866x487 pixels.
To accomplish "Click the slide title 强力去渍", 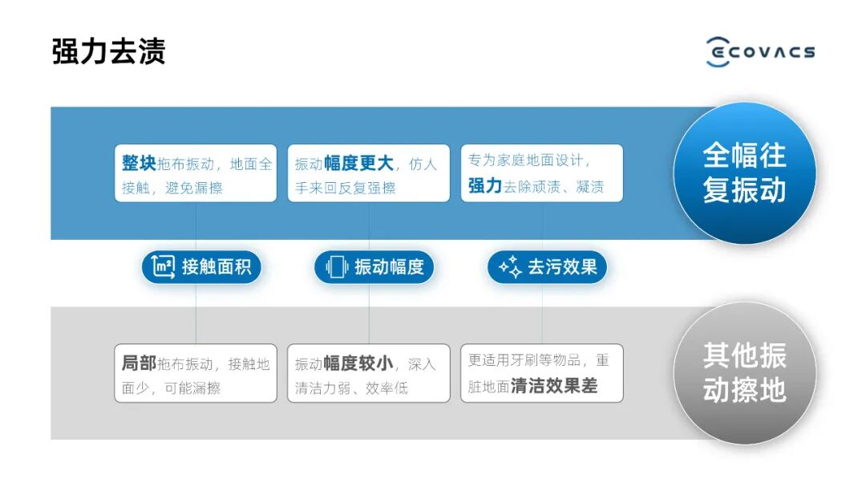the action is (x=108, y=51).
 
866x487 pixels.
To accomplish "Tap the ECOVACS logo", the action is (x=760, y=51).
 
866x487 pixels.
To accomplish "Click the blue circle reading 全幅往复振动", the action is (x=744, y=172).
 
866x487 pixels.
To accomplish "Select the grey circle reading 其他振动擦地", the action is (x=744, y=373).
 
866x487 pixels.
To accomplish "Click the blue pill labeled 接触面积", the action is (x=201, y=267).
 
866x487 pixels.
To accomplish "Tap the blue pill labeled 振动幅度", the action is (x=374, y=267).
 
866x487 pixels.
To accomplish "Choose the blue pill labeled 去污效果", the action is (x=547, y=267).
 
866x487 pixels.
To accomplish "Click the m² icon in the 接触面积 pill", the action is (x=164, y=267).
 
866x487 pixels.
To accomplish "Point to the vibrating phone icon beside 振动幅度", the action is (x=337, y=267).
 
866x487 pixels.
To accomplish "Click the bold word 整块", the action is (x=139, y=163).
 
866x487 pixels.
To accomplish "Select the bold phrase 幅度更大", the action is (x=358, y=163).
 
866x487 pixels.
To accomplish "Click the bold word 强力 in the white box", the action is (x=485, y=186).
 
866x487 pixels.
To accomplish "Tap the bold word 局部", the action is (x=139, y=363).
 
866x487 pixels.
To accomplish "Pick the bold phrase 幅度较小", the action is (x=358, y=363).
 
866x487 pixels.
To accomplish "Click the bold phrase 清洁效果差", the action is (x=554, y=386).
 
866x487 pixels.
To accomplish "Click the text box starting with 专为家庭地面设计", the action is (x=541, y=172).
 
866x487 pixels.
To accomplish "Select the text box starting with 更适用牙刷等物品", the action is (x=541, y=373).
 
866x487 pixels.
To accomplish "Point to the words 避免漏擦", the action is (x=194, y=188).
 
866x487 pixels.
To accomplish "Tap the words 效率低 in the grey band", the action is (x=387, y=388).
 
